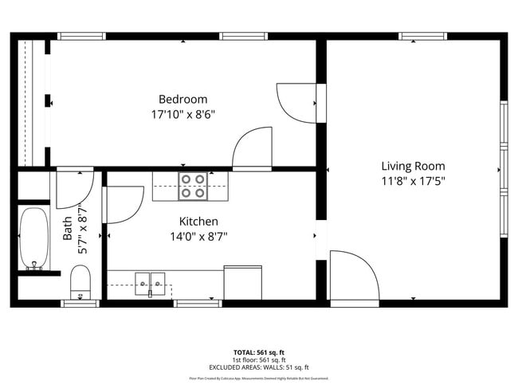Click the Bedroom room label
coord(182,99)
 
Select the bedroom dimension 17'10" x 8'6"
coord(182,114)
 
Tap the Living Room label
coord(413,166)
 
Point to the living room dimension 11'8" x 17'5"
coord(413,181)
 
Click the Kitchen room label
coord(198,221)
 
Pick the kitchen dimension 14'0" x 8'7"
coord(198,236)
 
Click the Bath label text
coord(68,230)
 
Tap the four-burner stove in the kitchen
coord(191,186)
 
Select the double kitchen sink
coord(151,281)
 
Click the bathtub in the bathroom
coord(33,238)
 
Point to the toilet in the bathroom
coord(81,281)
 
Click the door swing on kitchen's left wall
coord(121,204)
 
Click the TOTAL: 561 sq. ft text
coord(258,352)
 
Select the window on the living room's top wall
coord(422,36)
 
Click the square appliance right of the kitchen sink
coord(242,282)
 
